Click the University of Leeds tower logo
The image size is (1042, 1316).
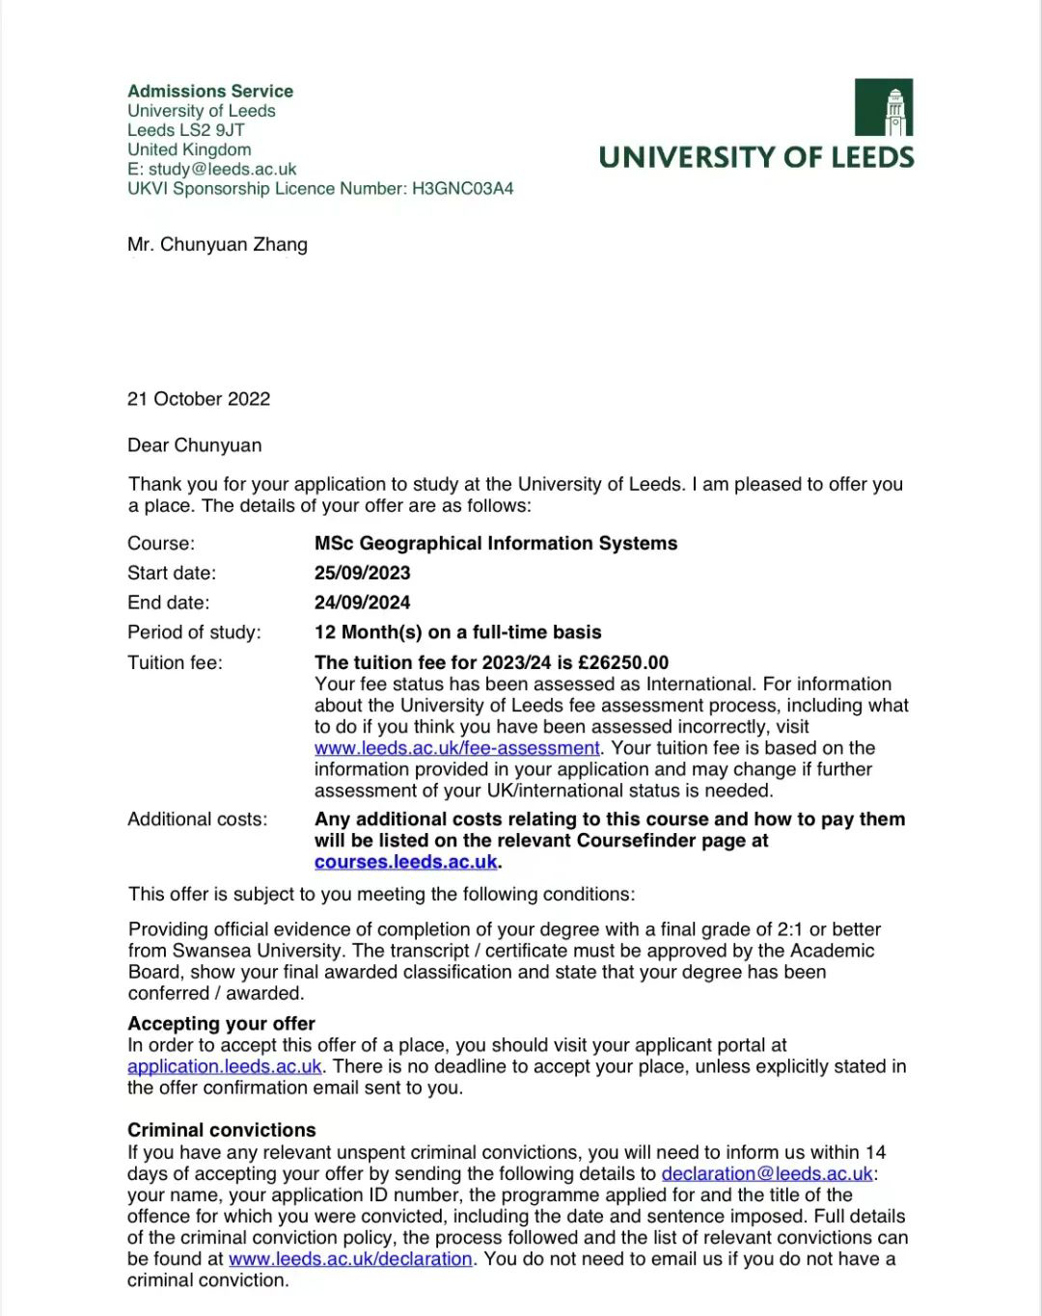pos(883,107)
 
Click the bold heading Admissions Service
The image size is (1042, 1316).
pos(210,92)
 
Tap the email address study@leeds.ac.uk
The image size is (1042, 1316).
pos(222,169)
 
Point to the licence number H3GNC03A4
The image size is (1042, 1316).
pos(462,188)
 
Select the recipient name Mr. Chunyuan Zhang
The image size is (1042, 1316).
pos(217,244)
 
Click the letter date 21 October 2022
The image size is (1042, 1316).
pos(199,399)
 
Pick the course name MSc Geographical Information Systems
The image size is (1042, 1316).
pos(496,544)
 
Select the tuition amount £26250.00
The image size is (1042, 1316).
pos(623,662)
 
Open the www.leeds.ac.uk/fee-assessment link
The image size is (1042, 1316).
pos(457,748)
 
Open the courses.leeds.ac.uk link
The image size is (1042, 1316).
pos(406,862)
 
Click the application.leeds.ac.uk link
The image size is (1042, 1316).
pos(225,1066)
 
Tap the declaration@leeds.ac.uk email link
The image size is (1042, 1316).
pos(767,1173)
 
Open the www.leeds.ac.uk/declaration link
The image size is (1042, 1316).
pos(350,1259)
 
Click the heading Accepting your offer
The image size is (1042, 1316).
pos(221,1024)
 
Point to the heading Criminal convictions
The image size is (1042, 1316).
pos(221,1130)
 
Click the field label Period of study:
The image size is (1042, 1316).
pos(194,632)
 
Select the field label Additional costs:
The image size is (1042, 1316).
pos(197,819)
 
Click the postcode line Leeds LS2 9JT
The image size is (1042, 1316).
pos(186,130)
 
